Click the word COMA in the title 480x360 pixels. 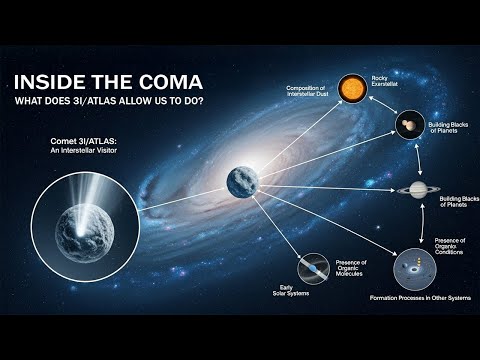pyautogui.click(x=168, y=82)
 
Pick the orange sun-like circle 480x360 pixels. pyautogui.click(x=350, y=89)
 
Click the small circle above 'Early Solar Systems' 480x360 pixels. pyautogui.click(x=315, y=268)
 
